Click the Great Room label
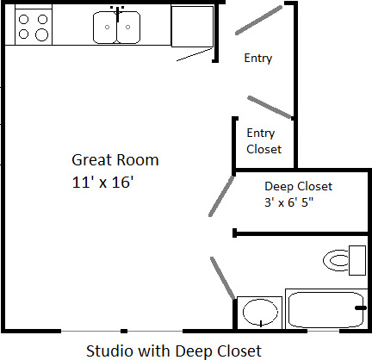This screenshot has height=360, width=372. pos(115,160)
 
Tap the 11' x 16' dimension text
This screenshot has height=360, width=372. pos(102,182)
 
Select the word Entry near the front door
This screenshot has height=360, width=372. pos(258,59)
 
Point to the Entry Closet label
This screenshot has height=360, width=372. pos(263,141)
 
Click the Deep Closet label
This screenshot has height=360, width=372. pos(298,186)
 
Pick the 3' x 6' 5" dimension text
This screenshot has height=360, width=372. pos(288,202)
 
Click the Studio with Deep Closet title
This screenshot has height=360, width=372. pos(174,351)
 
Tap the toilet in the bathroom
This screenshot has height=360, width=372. pos(344,260)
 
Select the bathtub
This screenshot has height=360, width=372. pos(326,309)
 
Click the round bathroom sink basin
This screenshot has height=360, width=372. pos(260,313)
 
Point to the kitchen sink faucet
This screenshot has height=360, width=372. pos(117,14)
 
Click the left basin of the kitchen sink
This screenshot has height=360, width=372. pos(105,28)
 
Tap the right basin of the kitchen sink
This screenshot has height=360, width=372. pos(128,28)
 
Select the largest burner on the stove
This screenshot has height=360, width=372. pos(42,35)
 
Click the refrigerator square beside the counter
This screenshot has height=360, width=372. pos(192,26)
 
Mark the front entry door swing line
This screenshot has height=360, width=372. pos(259,20)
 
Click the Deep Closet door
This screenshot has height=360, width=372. pos(221,196)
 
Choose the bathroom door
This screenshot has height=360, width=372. pos(223,278)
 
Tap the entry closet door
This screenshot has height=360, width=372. pos(270,108)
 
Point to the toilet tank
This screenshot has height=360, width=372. pos(357,260)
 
